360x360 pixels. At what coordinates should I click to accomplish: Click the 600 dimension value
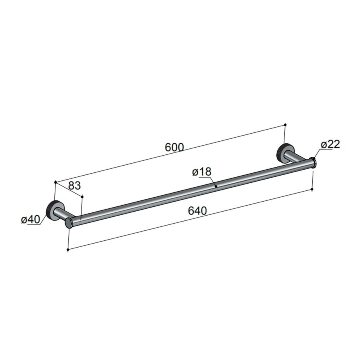click(174, 147)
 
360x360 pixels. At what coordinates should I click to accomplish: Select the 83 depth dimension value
click(75, 185)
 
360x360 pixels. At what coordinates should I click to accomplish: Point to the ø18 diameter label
click(201, 172)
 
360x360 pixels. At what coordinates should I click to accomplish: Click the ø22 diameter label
click(330, 144)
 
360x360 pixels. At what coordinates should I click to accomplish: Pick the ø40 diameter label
click(30, 220)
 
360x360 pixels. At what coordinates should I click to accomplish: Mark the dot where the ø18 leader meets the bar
click(216, 186)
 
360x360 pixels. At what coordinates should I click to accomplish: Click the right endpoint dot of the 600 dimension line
click(285, 124)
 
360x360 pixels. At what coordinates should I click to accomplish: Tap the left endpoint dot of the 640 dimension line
click(68, 250)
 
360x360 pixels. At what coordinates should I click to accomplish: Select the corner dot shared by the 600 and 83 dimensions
click(55, 182)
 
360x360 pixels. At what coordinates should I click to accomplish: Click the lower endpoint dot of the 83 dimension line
click(82, 196)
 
